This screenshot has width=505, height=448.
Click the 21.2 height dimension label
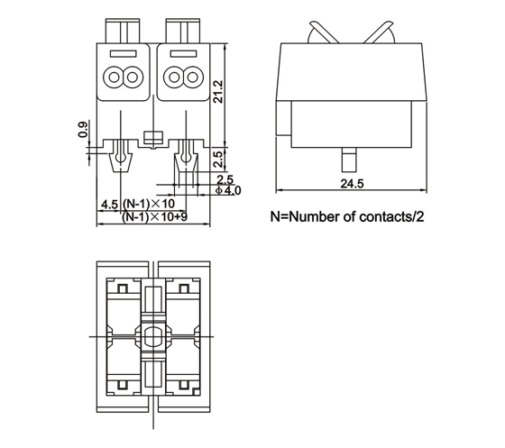(x=218, y=92)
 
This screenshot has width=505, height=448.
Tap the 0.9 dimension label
(x=82, y=130)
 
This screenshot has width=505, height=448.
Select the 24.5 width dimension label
(x=352, y=184)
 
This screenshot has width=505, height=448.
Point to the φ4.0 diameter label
(x=228, y=190)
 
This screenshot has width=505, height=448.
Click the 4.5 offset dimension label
(x=110, y=205)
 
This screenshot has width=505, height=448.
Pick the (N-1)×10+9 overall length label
(x=154, y=216)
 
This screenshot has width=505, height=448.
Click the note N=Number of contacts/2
(x=347, y=216)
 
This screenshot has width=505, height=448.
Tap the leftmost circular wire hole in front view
(x=114, y=78)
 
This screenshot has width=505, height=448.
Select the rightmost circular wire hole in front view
(x=193, y=78)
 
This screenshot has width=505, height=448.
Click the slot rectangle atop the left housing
(x=123, y=54)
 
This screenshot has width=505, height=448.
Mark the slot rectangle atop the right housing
(x=183, y=54)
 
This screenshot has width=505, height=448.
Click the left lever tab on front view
(x=123, y=31)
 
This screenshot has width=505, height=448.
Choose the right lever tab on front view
(x=183, y=31)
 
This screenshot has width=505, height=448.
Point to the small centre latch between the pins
(x=153, y=139)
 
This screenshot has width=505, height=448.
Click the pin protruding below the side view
(x=349, y=160)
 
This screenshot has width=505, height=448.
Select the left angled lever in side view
(x=323, y=32)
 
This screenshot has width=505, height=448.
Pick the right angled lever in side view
(x=380, y=32)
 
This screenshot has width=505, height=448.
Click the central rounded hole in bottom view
(x=153, y=337)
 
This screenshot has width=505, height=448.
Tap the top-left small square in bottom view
(x=123, y=288)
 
